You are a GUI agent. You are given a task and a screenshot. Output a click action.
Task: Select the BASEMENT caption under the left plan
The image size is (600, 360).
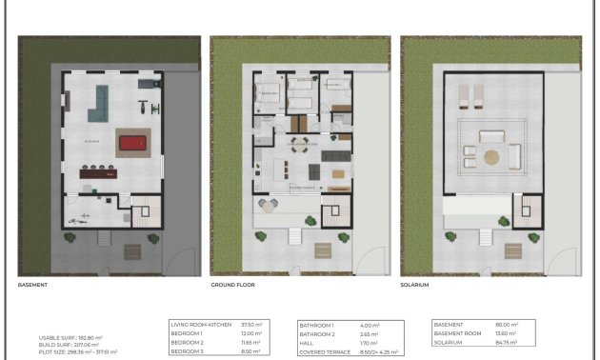tap(32, 285)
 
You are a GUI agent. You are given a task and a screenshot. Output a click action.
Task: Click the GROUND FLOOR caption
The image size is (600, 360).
tap(232, 285)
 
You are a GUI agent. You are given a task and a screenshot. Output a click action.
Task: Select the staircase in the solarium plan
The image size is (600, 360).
tap(526, 210)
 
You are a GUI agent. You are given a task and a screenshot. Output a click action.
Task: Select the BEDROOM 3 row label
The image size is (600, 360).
tap(190, 351)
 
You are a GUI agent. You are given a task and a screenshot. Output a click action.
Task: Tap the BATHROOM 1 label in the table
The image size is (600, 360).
tap(319, 325)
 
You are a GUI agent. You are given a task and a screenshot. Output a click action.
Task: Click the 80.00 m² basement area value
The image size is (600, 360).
tap(504, 325)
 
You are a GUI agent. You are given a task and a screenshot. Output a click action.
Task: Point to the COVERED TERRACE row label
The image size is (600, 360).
tap(326, 351)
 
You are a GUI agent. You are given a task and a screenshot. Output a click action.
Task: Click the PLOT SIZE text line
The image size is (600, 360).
tap(78, 351)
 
